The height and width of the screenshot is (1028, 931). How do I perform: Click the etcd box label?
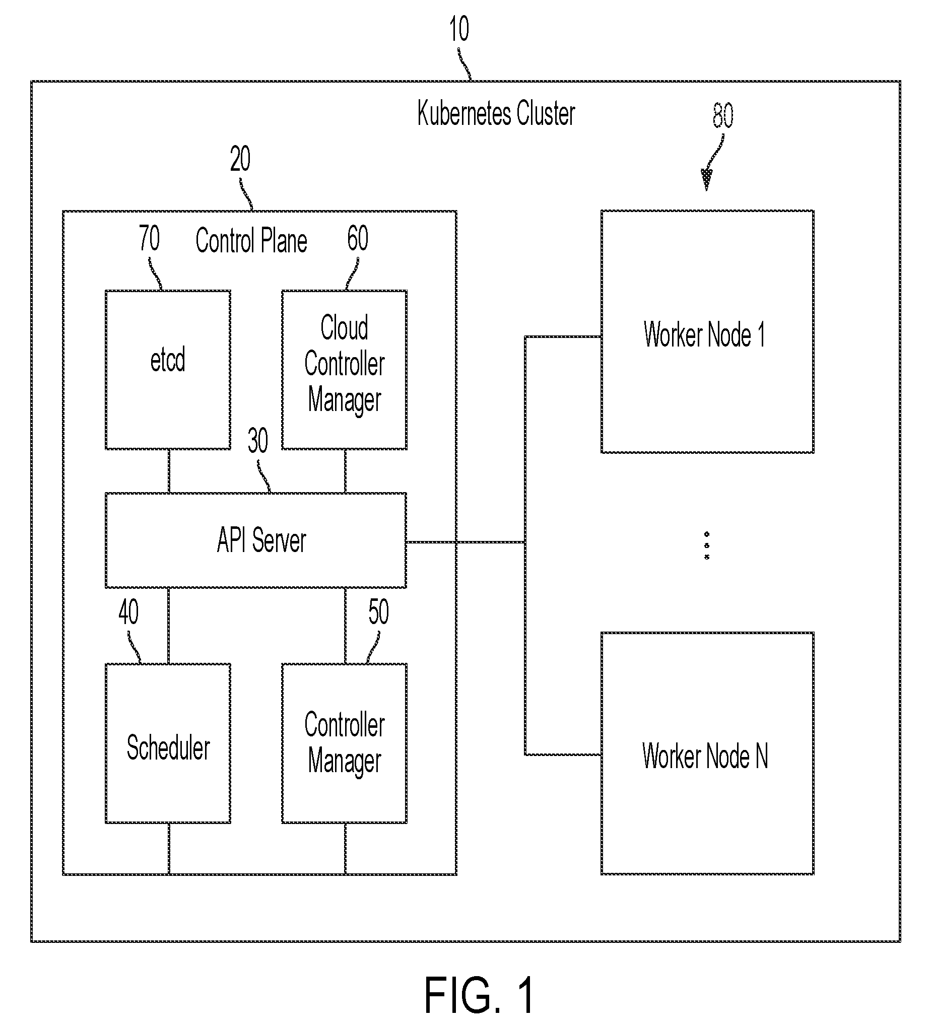[167, 360]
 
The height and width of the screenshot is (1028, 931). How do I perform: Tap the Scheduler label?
[168, 747]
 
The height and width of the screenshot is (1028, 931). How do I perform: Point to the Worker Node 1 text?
[704, 334]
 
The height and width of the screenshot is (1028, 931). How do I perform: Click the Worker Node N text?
[705, 756]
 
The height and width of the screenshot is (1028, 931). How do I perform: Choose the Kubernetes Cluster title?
[496, 113]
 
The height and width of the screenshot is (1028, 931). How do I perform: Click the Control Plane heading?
[251, 241]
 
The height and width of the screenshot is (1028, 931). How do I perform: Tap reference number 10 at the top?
[459, 29]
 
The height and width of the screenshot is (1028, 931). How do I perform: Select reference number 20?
[240, 159]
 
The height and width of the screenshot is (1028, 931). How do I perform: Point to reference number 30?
[257, 441]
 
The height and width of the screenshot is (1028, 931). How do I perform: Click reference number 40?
[128, 612]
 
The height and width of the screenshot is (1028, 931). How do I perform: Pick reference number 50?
[378, 612]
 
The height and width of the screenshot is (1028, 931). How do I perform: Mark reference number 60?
[358, 238]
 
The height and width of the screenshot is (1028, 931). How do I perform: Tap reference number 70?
[149, 238]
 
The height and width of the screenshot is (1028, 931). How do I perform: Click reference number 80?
[723, 115]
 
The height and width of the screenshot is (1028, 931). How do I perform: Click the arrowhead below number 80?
[706, 180]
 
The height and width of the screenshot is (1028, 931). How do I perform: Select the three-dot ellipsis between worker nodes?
[706, 545]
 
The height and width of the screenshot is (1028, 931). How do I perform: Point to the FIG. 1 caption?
[479, 995]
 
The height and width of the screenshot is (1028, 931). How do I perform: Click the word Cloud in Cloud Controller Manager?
[345, 327]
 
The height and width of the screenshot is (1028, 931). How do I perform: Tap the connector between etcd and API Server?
[169, 471]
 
